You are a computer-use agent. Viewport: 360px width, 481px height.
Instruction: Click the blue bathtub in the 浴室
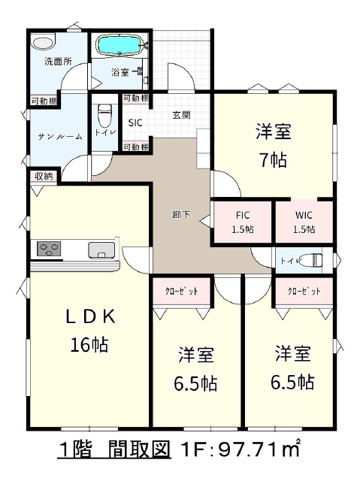(x=119, y=46)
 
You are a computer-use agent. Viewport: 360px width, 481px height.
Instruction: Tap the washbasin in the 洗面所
(x=44, y=42)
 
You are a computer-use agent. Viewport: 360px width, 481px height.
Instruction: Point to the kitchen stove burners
(x=49, y=249)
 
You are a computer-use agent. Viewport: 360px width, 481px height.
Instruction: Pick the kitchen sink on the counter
(x=101, y=250)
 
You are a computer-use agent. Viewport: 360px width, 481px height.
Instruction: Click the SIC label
(x=135, y=123)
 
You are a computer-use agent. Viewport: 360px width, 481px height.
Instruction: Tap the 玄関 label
(x=181, y=115)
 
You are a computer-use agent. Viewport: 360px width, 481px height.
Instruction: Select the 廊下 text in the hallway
(x=181, y=215)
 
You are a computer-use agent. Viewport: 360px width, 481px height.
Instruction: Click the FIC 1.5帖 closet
(x=243, y=222)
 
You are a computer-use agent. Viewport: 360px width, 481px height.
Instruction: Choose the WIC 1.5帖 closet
(x=304, y=222)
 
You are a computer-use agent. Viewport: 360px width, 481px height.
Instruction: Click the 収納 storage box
(x=44, y=177)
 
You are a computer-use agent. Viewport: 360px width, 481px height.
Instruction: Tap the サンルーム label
(x=60, y=137)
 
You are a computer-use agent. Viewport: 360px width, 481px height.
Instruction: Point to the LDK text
(x=91, y=317)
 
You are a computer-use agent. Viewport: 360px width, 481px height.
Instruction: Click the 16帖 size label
(x=89, y=344)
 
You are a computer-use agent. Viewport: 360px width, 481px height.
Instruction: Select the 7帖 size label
(x=274, y=160)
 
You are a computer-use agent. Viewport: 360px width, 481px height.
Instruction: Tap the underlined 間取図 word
(x=139, y=450)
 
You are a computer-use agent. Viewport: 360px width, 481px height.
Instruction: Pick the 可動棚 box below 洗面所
(x=44, y=101)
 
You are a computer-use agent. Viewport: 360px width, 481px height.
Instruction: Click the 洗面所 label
(x=59, y=62)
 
